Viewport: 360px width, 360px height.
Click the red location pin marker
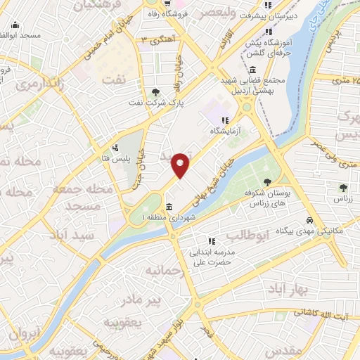[x=181, y=165]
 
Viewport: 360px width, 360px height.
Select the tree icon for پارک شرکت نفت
[x=155, y=91]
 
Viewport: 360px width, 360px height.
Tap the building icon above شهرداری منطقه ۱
[x=169, y=207]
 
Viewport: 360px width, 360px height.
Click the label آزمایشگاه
[x=226, y=131]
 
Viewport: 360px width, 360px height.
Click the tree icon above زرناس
[x=342, y=188]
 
